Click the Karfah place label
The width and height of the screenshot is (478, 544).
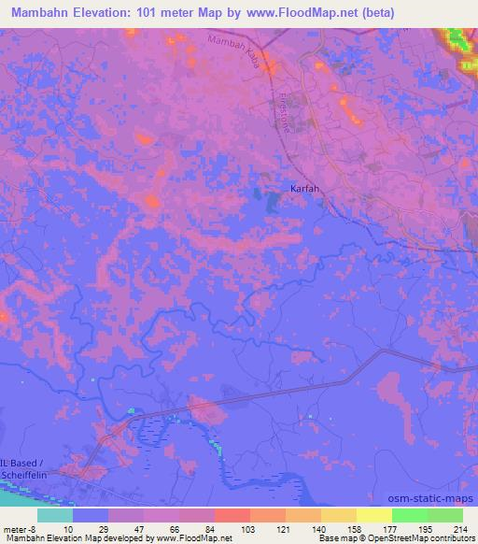(304, 188)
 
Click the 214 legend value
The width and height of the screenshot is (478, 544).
(459, 529)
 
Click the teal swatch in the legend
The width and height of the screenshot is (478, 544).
(55, 515)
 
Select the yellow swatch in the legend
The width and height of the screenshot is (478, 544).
(374, 515)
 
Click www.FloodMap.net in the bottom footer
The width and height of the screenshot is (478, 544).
(191, 539)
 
